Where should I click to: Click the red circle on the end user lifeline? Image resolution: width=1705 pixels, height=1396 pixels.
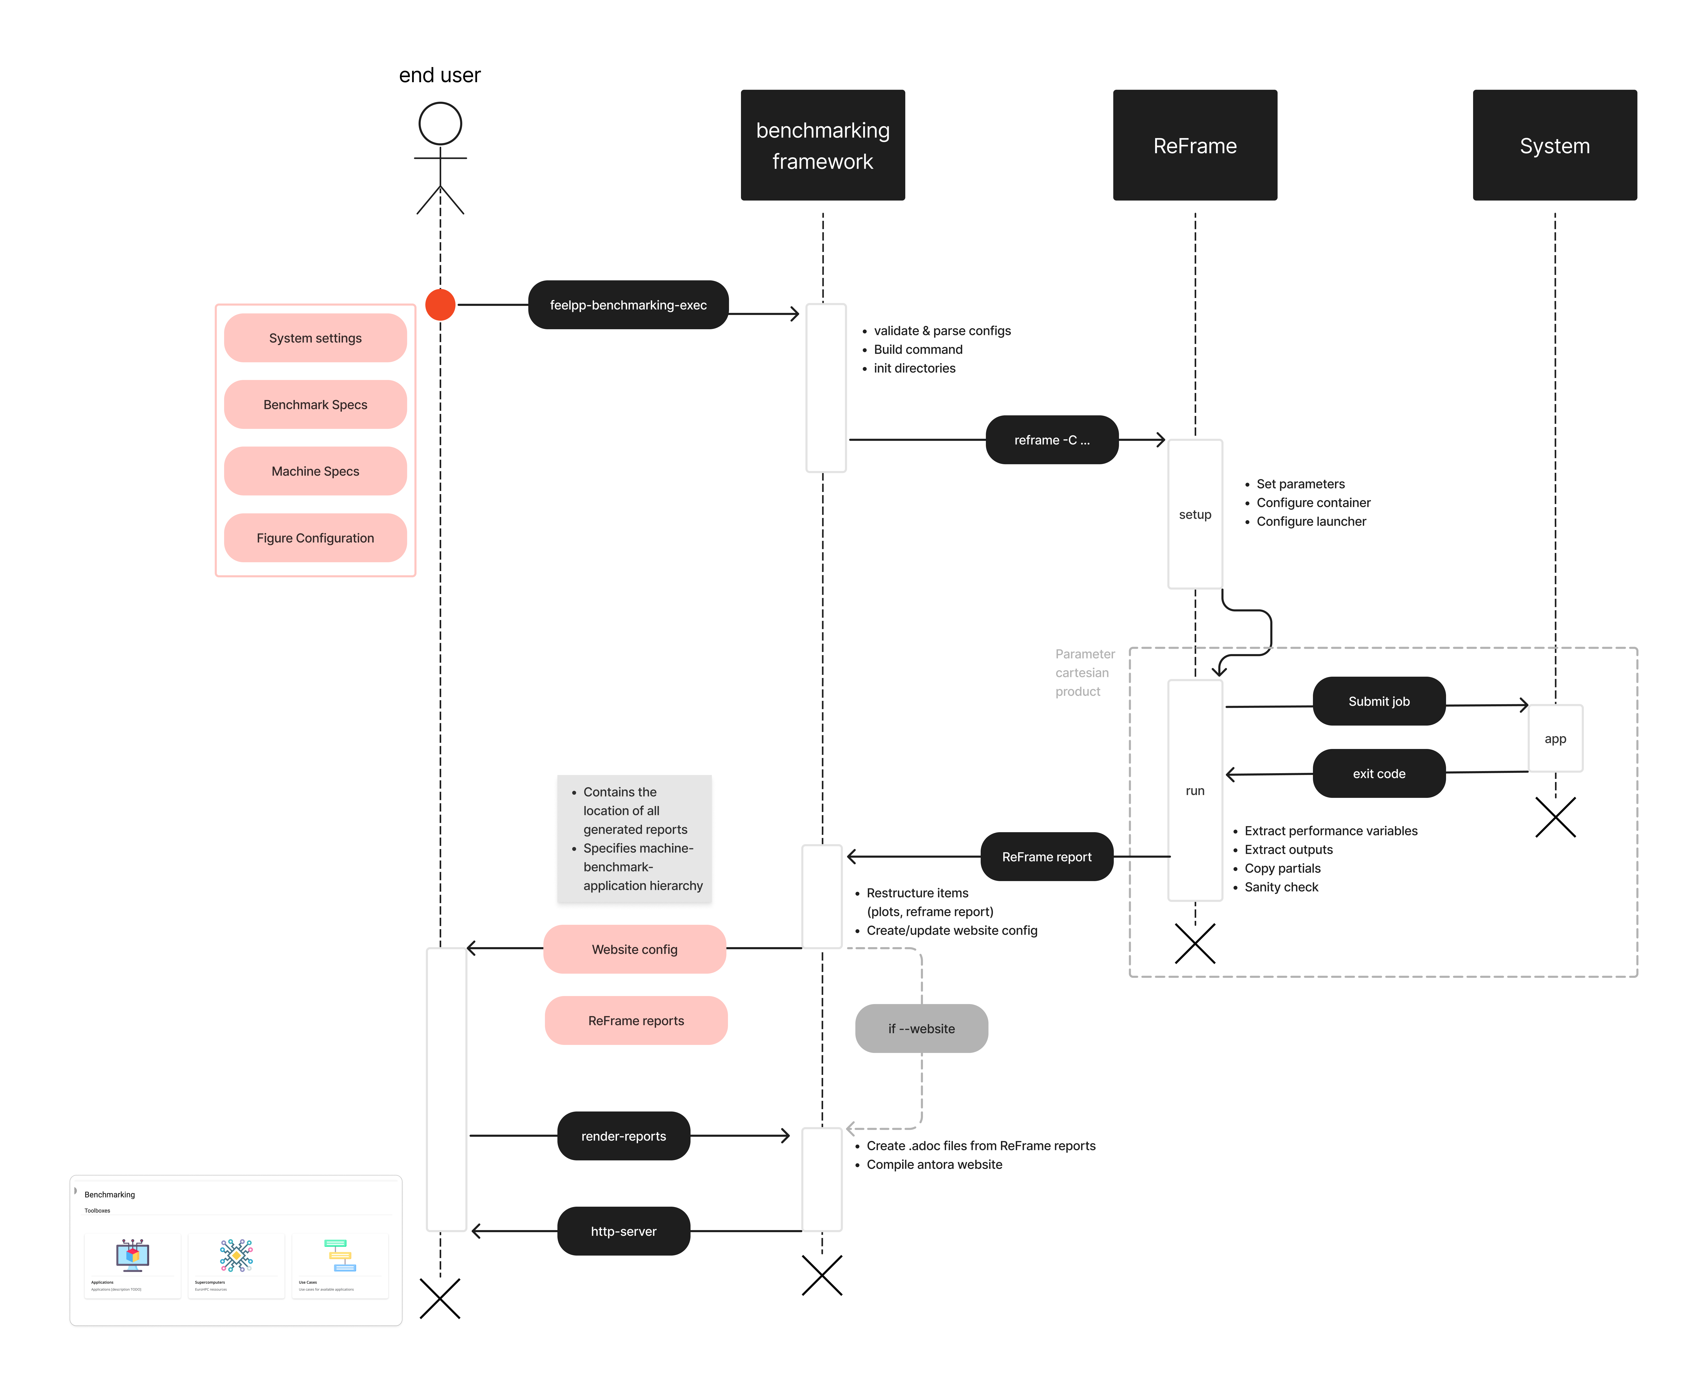pyautogui.click(x=440, y=305)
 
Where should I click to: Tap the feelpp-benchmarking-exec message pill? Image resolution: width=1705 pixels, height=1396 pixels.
pyautogui.click(x=628, y=305)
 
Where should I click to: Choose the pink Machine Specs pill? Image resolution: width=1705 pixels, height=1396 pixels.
pyautogui.click(x=315, y=471)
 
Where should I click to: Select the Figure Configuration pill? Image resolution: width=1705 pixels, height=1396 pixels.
pyautogui.click(x=315, y=538)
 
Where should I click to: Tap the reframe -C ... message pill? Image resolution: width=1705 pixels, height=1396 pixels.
pyautogui.click(x=1051, y=440)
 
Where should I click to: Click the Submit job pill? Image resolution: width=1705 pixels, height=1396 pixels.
pyautogui.click(x=1379, y=701)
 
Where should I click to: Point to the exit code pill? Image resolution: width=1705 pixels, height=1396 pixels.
pyautogui.click(x=1379, y=774)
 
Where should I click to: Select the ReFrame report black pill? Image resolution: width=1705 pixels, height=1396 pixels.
pyautogui.click(x=1047, y=857)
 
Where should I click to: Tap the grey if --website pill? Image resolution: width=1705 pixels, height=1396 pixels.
pyautogui.click(x=921, y=1029)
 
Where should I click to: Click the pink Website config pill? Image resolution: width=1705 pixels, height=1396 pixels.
pyautogui.click(x=634, y=950)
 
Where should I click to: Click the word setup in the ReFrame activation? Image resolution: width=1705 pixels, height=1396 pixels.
pyautogui.click(x=1195, y=515)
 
